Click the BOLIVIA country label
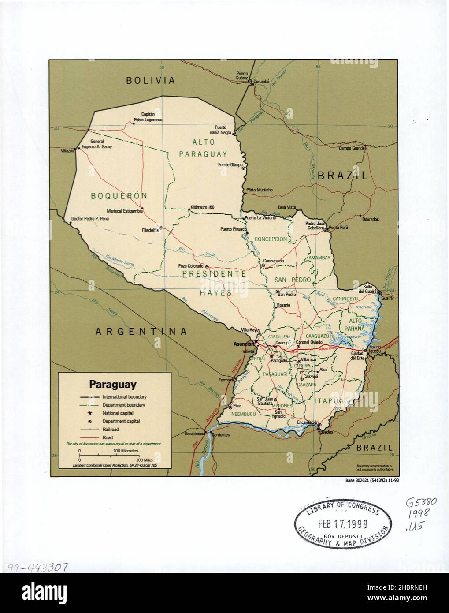[150, 81]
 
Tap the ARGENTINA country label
[141, 331]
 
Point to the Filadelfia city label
[150, 229]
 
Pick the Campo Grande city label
[352, 148]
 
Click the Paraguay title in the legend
[113, 384]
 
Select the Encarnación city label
[307, 422]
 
